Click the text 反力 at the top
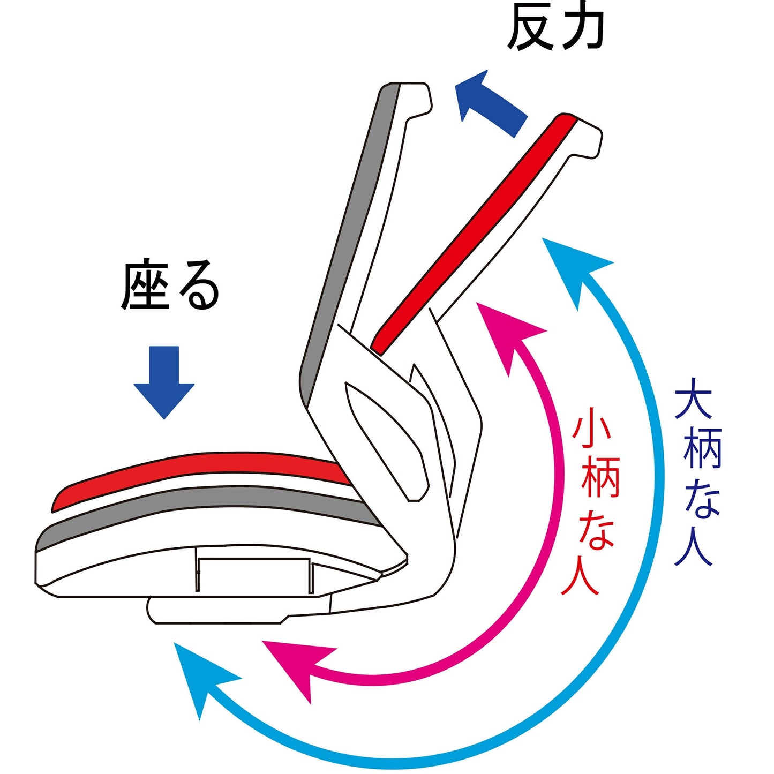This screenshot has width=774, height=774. [x=555, y=28]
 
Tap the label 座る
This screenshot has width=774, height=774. [x=170, y=285]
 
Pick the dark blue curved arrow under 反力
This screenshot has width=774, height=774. [x=489, y=102]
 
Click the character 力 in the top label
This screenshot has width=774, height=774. [x=581, y=28]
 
